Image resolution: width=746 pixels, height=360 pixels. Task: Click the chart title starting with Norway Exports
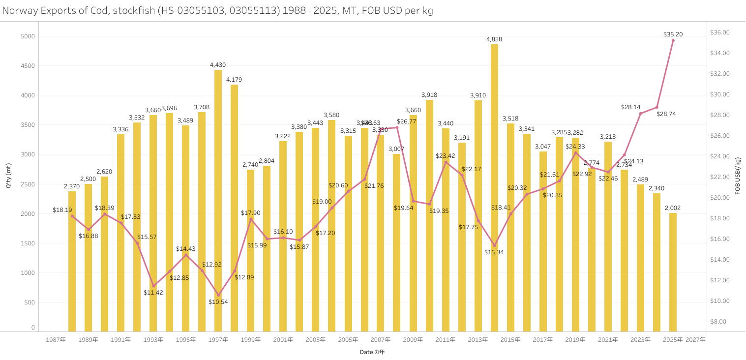point(217,10)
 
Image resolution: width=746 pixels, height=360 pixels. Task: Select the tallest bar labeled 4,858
point(494,187)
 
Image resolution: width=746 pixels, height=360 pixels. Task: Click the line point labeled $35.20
point(673,40)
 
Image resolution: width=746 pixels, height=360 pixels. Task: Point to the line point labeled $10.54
point(218,295)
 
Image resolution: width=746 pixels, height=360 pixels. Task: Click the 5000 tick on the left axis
point(28,36)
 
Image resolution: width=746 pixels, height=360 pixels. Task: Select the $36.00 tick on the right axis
point(720,32)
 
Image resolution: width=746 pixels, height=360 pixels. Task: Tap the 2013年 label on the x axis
point(477,340)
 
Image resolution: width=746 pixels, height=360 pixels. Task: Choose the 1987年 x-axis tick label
point(56,340)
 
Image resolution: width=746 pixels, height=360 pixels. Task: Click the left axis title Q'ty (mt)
point(8,176)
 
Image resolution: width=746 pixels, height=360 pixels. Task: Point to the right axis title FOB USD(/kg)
point(738,176)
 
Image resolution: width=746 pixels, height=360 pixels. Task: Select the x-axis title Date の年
point(372,352)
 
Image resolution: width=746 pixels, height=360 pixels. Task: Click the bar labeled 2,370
point(72,261)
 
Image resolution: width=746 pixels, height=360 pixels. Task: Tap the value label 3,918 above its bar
point(429,95)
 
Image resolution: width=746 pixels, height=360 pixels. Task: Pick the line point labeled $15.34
point(494,245)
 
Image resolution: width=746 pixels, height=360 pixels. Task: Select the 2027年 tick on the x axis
point(695,340)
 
